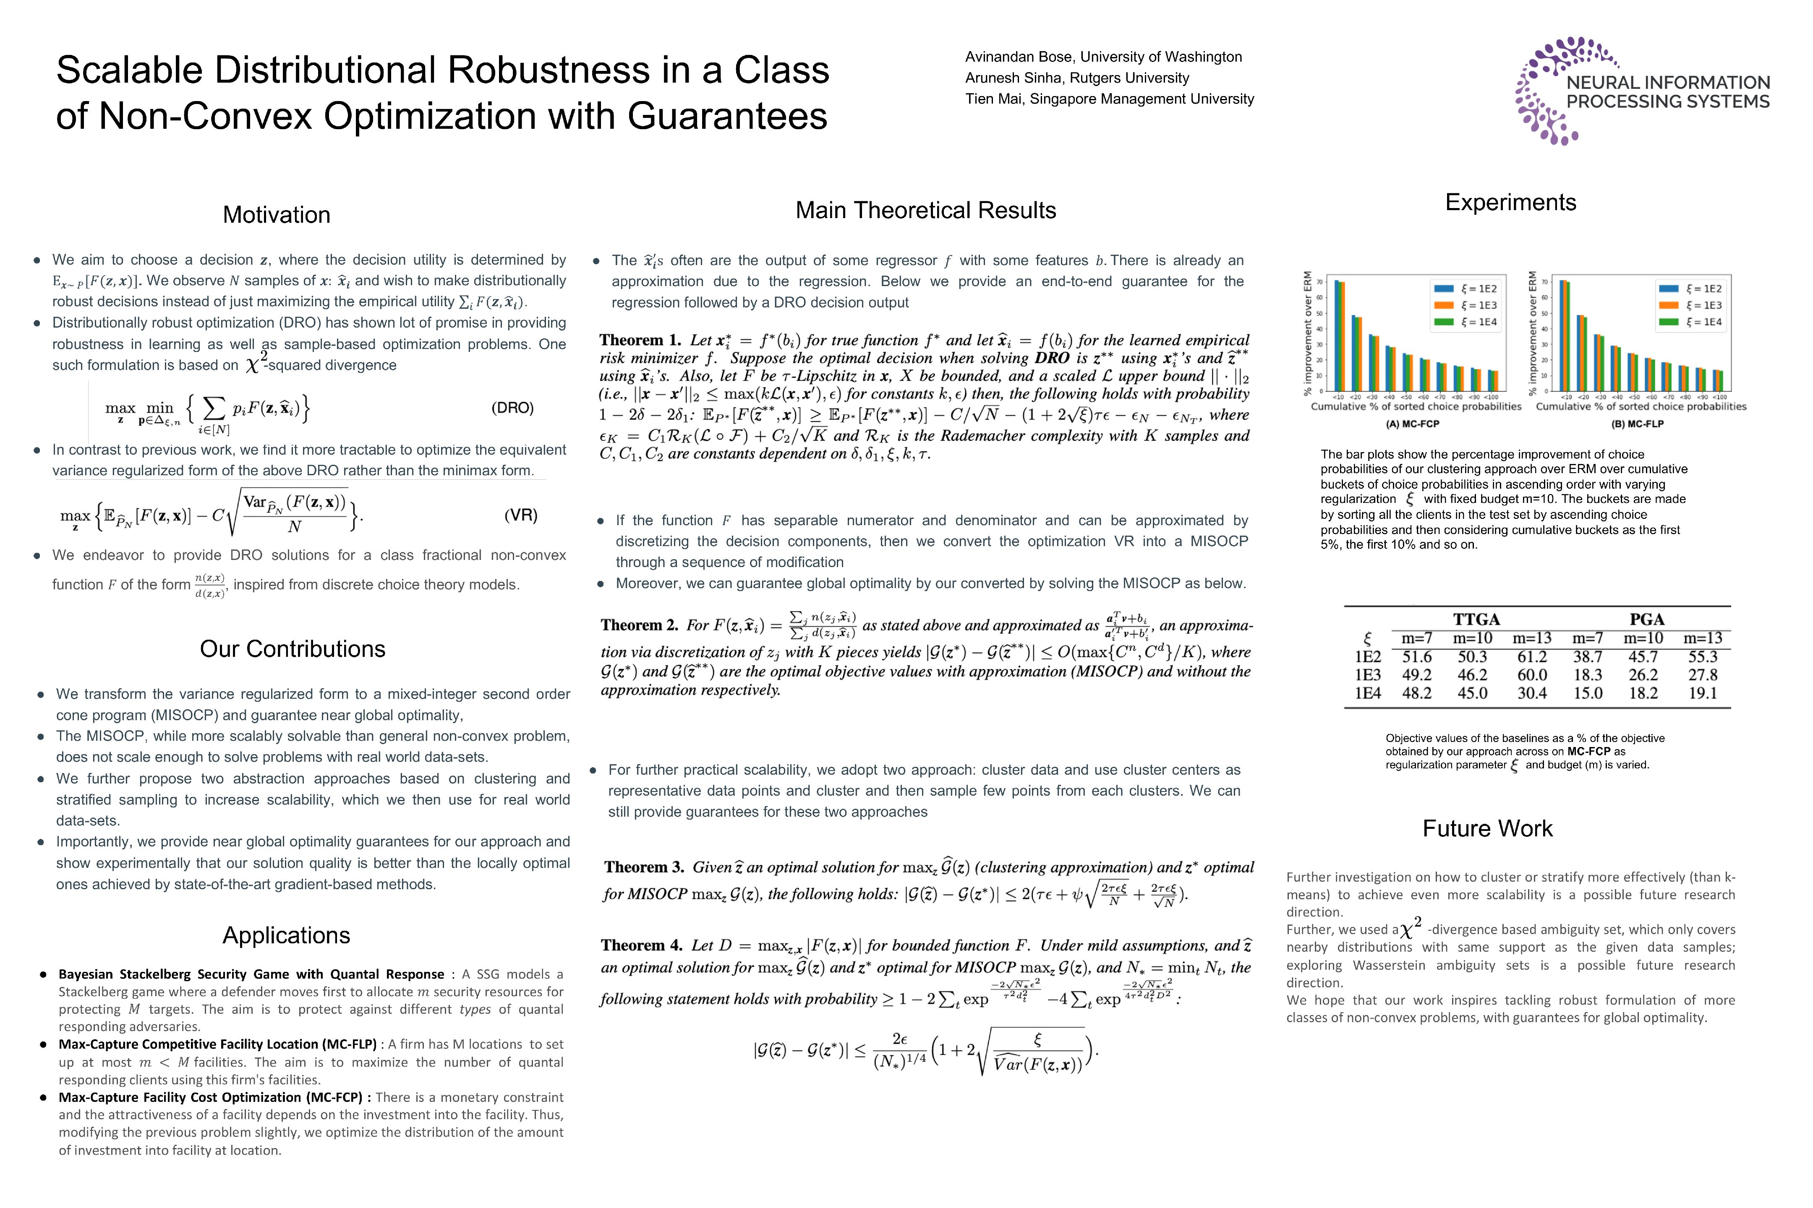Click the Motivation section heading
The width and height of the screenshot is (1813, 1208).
276,215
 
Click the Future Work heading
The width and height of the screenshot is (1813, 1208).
1487,828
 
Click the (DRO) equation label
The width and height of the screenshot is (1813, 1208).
512,408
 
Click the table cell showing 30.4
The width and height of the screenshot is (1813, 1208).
1532,693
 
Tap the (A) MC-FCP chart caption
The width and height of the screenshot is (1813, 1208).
1412,424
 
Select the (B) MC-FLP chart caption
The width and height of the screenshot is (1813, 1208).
1637,424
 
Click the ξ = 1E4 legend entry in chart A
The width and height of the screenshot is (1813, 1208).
1466,322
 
